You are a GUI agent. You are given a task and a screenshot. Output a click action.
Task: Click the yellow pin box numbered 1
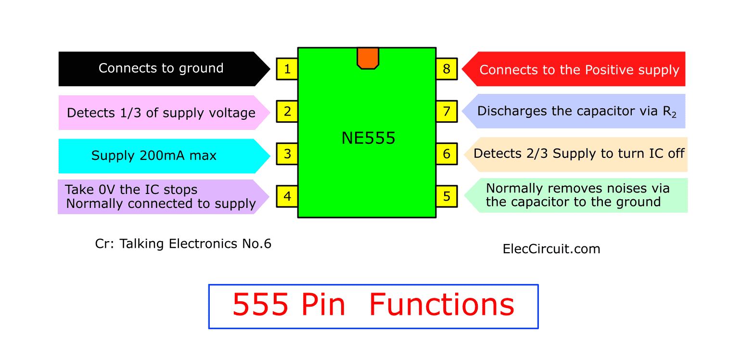[287, 69]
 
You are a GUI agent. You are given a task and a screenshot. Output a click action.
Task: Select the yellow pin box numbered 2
[287, 112]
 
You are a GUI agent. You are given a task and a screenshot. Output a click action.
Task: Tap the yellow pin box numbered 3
[287, 154]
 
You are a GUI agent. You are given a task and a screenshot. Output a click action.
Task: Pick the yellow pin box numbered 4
[287, 196]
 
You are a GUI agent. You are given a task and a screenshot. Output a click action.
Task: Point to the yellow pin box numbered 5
[447, 196]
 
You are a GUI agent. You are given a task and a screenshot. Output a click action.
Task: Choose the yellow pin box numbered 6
[447, 154]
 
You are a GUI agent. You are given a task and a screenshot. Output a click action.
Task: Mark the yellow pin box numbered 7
[447, 112]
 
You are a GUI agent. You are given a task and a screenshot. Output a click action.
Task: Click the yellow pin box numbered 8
[447, 69]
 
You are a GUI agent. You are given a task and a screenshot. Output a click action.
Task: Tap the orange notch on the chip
[368, 58]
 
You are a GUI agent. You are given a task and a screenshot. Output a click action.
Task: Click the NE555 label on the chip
[368, 138]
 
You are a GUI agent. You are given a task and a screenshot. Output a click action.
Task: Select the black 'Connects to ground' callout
[165, 69]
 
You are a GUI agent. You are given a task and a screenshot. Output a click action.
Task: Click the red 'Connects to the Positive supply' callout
[574, 69]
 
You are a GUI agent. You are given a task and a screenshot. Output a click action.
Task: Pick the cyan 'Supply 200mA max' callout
[165, 156]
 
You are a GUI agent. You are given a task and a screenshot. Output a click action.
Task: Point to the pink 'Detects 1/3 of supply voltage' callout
[165, 113]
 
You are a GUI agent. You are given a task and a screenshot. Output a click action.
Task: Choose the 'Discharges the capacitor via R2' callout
[574, 111]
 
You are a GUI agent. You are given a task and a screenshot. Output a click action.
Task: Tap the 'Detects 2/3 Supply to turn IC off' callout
[575, 154]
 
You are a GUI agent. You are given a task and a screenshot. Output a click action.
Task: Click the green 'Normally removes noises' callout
[576, 195]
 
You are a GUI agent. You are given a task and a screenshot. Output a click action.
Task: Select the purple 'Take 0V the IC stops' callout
[164, 197]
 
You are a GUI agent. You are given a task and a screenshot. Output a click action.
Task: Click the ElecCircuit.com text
[551, 249]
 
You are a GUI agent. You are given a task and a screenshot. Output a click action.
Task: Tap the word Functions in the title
[442, 304]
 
